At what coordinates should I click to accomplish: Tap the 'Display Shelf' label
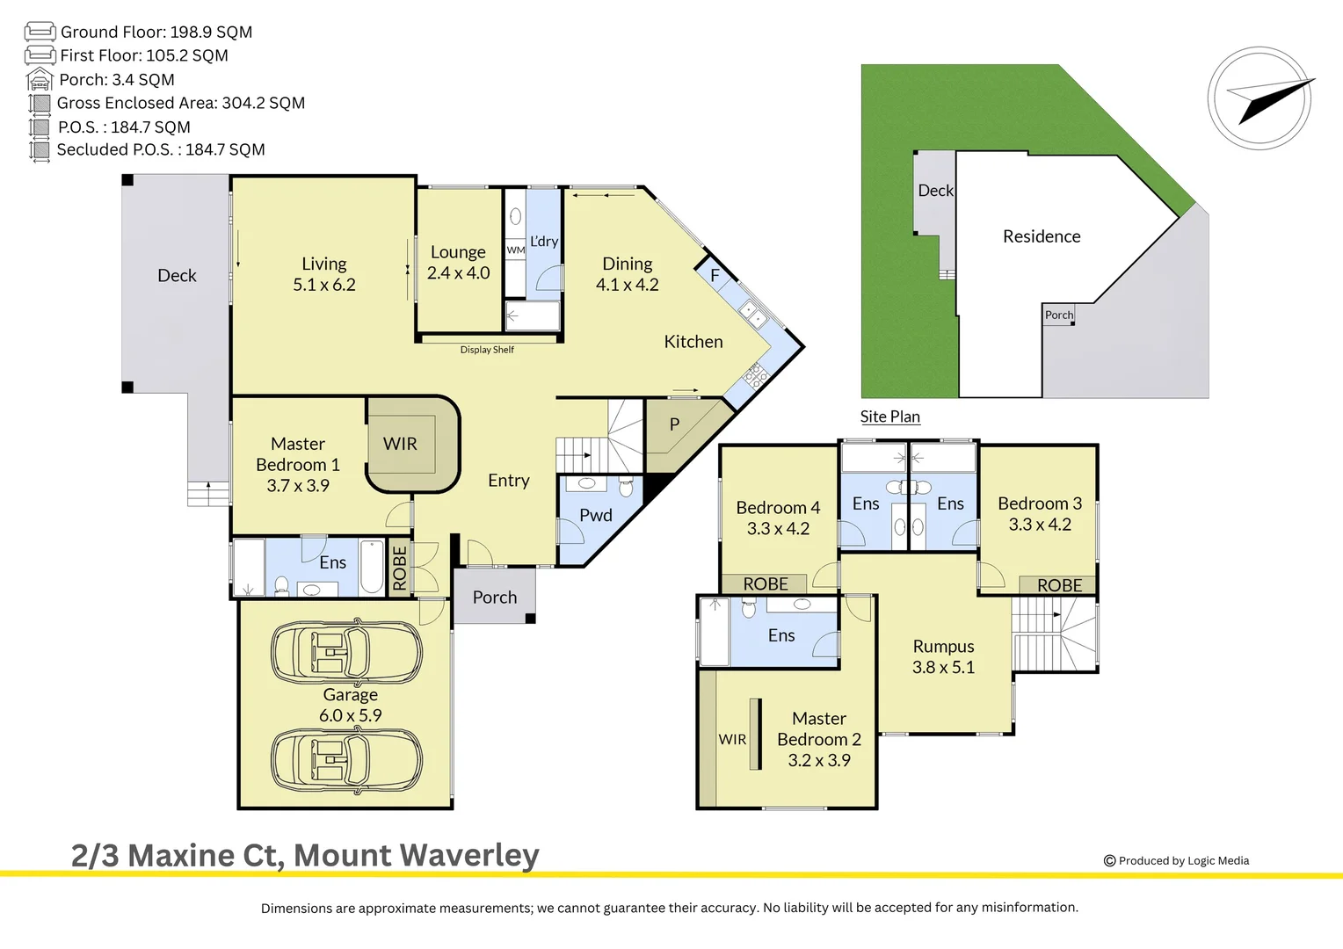pyautogui.click(x=487, y=350)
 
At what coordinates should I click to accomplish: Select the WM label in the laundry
pyautogui.click(x=516, y=250)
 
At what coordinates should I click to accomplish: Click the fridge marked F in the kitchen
pyautogui.click(x=715, y=275)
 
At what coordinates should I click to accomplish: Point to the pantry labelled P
pyautogui.click(x=674, y=424)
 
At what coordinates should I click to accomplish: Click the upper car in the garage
pyautogui.click(x=346, y=653)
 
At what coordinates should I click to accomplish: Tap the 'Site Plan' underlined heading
pyautogui.click(x=889, y=417)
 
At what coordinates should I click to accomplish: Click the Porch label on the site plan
pyautogui.click(x=1058, y=315)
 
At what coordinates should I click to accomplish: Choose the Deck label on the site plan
pyautogui.click(x=935, y=191)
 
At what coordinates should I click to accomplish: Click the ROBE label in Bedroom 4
pyautogui.click(x=765, y=584)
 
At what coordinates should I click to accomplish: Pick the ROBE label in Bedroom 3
pyautogui.click(x=1059, y=585)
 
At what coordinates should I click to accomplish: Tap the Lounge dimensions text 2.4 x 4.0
pyautogui.click(x=458, y=273)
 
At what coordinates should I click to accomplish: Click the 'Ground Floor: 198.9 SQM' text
pyautogui.click(x=156, y=33)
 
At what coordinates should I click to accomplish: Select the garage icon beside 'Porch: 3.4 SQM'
pyautogui.click(x=40, y=80)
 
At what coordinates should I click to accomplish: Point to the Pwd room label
pyautogui.click(x=595, y=516)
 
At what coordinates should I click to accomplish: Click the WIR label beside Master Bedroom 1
pyautogui.click(x=400, y=444)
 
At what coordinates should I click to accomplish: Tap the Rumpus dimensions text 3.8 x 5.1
pyautogui.click(x=943, y=667)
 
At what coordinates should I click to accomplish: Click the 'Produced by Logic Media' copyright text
pyautogui.click(x=1183, y=861)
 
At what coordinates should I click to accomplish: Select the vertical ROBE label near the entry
pyautogui.click(x=400, y=568)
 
